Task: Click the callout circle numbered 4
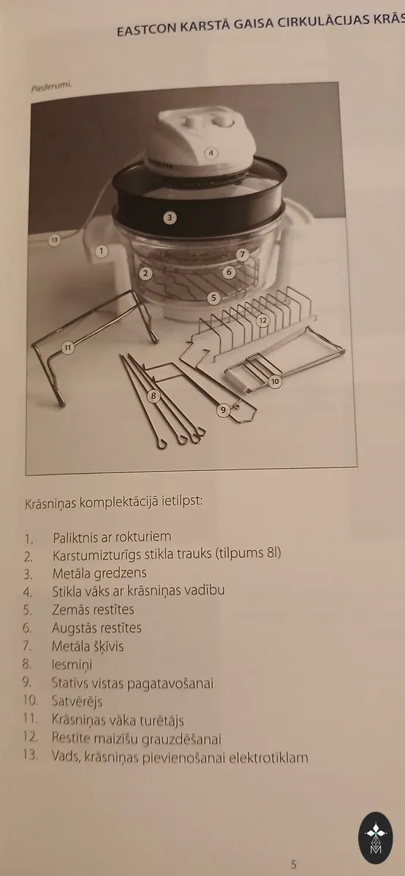211,153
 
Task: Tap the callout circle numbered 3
170,218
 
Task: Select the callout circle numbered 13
54,239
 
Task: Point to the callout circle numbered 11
68,347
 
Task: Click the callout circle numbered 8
154,396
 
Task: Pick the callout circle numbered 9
223,410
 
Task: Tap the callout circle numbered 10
275,381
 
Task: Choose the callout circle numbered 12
263,320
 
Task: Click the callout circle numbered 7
243,255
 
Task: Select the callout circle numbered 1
102,251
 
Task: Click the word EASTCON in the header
146,30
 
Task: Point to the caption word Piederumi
51,87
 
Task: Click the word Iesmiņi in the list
72,664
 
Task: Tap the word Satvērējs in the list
77,701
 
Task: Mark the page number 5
294,864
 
